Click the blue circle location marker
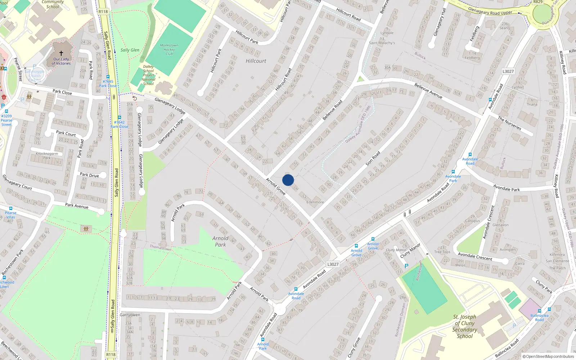pos(288,180)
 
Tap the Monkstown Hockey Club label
pos(169,50)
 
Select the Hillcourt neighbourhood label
pos(256,61)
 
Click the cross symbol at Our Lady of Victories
pos(61,53)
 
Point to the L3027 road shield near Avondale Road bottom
pos(333,264)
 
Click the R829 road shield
pos(538,2)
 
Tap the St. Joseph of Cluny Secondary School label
pos(465,327)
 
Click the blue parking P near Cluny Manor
pos(406,266)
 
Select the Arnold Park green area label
pos(220,241)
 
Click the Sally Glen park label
pos(130,50)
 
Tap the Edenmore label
pos(315,202)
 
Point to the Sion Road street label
pos(373,158)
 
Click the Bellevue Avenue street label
pos(428,91)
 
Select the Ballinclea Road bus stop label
pos(539,318)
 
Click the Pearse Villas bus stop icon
pos(10,208)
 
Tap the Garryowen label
pos(130,315)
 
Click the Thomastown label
pos(161,248)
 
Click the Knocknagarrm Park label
pos(47,156)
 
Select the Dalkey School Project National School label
pos(148,75)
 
